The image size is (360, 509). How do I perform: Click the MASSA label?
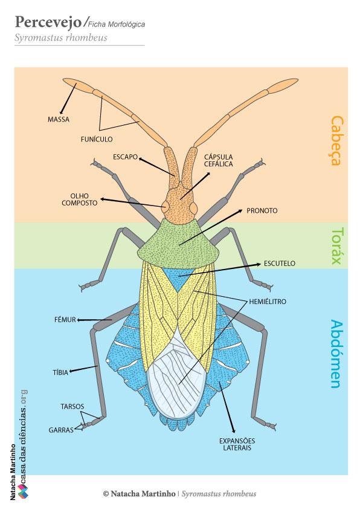(59, 120)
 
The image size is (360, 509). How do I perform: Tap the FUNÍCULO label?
(97, 140)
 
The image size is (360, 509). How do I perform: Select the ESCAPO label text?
(125, 157)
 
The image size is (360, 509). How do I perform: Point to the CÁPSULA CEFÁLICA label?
(218, 160)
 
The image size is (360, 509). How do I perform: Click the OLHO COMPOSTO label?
(80, 199)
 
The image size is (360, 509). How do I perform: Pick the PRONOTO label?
(262, 211)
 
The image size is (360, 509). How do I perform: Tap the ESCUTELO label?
(280, 263)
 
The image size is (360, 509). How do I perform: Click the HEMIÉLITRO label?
(268, 302)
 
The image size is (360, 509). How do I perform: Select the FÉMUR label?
(65, 320)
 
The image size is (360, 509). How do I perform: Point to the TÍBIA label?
(60, 372)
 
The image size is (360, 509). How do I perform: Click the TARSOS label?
(72, 406)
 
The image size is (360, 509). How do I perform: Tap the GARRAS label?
(61, 430)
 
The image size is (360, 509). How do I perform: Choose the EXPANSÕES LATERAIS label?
(237, 444)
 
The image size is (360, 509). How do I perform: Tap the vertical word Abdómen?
(337, 354)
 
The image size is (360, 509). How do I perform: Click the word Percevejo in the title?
(48, 22)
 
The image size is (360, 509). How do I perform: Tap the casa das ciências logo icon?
(23, 491)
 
